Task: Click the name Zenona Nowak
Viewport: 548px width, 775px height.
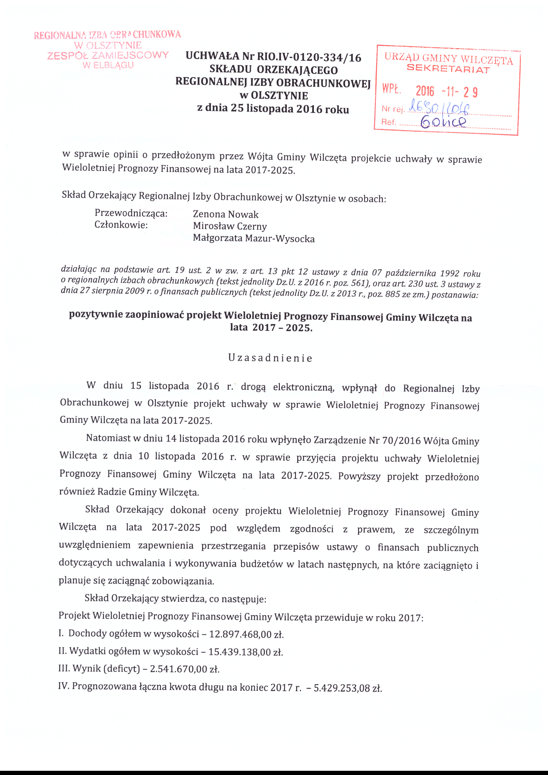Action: tap(226, 214)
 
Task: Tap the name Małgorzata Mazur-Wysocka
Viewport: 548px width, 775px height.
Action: tap(254, 239)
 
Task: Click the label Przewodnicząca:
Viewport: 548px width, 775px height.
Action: tap(131, 213)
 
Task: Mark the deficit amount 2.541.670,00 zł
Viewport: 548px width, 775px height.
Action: tap(185, 669)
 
